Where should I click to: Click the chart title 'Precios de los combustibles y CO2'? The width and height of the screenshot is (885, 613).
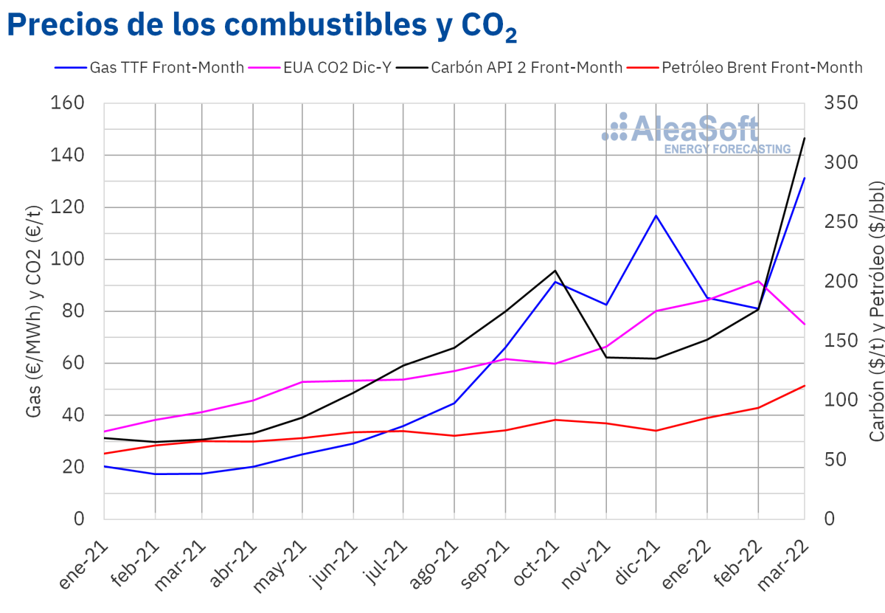(x=262, y=27)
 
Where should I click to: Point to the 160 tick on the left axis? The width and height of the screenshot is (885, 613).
(x=68, y=103)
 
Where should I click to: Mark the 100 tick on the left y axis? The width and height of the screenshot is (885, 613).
(x=68, y=260)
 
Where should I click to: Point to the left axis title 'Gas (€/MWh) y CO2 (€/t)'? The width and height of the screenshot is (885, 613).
(x=34, y=311)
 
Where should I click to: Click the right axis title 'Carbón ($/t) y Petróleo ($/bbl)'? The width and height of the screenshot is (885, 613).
(x=876, y=311)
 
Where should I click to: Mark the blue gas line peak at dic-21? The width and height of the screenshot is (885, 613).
(x=656, y=215)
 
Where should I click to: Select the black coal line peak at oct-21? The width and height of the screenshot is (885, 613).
(x=555, y=271)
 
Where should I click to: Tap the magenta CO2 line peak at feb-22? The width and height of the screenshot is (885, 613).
(x=758, y=281)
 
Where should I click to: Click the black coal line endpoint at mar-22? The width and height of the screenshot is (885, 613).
(x=805, y=138)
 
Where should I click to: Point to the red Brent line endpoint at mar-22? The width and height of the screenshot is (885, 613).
(x=805, y=385)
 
